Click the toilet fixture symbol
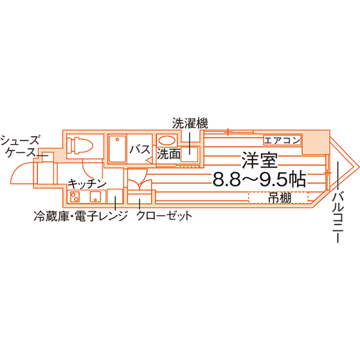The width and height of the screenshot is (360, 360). (x=80, y=145)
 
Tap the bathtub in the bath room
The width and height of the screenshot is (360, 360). (x=118, y=149)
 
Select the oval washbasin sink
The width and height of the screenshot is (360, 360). (x=167, y=140)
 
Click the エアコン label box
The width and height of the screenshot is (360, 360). (x=282, y=140)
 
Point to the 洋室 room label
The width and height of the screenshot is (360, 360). (x=260, y=160)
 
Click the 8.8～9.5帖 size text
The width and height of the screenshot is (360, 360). (x=260, y=179)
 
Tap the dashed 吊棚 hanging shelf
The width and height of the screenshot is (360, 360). (x=278, y=198)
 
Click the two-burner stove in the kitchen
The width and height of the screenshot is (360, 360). (x=75, y=197)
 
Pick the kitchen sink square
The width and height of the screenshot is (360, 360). (x=95, y=197)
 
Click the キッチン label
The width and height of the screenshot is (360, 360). (x=87, y=184)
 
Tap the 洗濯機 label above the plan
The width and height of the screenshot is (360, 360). (x=190, y=123)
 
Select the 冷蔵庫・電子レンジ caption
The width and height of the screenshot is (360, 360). (x=80, y=216)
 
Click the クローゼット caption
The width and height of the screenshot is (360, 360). (x=165, y=215)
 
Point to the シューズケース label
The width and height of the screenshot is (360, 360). (x=19, y=147)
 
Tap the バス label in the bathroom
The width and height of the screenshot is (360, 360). (x=140, y=149)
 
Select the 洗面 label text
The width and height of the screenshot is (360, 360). (x=168, y=154)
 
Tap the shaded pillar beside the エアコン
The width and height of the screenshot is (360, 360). (x=316, y=143)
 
